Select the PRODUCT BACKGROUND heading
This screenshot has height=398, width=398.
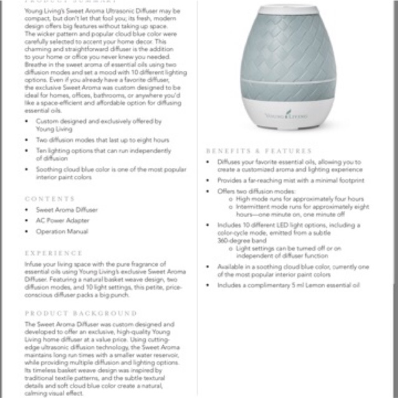81,313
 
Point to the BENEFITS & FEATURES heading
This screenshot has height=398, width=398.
258,150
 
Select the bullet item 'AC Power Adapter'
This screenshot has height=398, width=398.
63,221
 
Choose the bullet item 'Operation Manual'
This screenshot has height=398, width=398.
62,231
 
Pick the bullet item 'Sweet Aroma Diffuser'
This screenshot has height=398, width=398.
67,210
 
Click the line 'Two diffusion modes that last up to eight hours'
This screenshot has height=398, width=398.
102,140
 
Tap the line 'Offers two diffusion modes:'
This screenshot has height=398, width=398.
256,191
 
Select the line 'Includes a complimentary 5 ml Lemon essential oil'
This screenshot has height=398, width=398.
289,285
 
